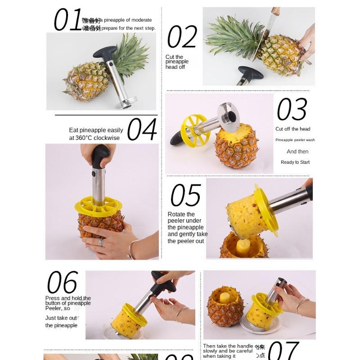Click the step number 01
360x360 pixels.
click(x=67, y=20)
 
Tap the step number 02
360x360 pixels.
click(x=182, y=37)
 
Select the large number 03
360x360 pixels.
click(x=292, y=110)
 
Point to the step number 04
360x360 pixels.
click(x=142, y=130)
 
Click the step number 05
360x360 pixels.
click(x=185, y=195)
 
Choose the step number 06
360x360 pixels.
click(x=62, y=283)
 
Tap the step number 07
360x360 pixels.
click(x=284, y=350)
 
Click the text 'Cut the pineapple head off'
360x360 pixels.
click(x=177, y=62)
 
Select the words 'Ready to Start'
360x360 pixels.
click(x=295, y=162)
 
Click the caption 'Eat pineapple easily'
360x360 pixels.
click(x=96, y=130)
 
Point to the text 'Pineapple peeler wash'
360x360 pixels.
click(x=295, y=140)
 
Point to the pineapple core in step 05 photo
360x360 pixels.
click(x=243, y=247)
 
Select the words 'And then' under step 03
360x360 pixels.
click(x=297, y=152)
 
